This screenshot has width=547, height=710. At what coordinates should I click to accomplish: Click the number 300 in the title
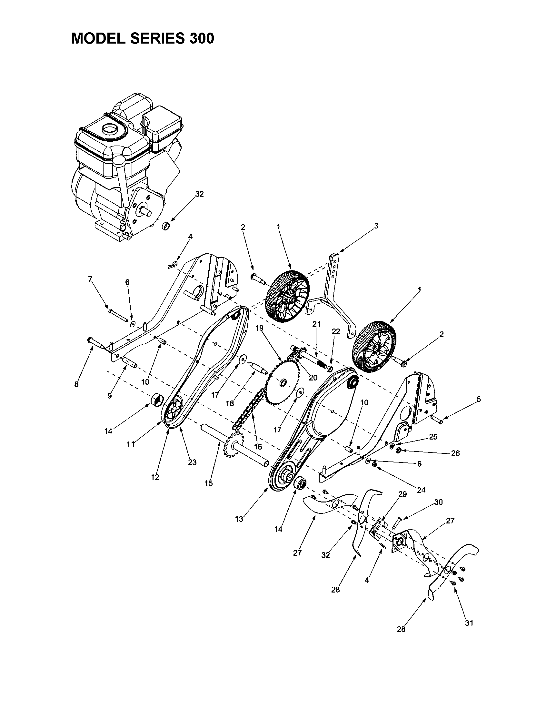click(200, 39)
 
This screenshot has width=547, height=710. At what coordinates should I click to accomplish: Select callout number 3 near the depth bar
click(376, 226)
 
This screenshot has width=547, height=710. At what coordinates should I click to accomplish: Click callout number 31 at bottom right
click(469, 623)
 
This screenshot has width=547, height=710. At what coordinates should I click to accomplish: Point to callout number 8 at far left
click(76, 385)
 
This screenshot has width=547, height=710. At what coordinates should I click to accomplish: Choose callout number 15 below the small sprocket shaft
click(209, 483)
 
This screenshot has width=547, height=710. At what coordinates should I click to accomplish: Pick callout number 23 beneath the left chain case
click(192, 462)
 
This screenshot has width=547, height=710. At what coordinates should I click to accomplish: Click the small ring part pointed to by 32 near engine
click(167, 226)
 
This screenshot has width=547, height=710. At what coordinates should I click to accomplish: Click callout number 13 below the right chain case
click(239, 519)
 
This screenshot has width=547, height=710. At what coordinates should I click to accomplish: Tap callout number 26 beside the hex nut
click(455, 453)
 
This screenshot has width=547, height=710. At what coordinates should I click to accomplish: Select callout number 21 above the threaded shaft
click(316, 324)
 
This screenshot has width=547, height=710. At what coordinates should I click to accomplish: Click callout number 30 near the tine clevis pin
click(438, 502)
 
